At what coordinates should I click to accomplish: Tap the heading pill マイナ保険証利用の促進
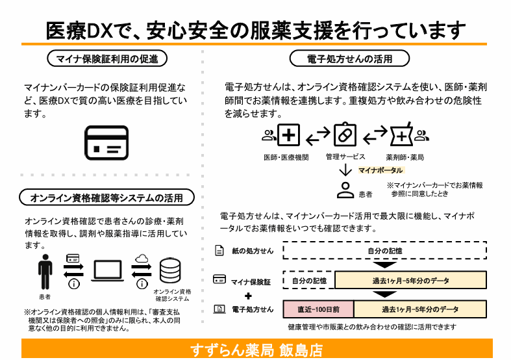pyautogui.click(x=107, y=58)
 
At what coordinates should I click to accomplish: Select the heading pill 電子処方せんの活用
pyautogui.click(x=349, y=58)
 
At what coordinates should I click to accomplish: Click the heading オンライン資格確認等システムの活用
pyautogui.click(x=106, y=198)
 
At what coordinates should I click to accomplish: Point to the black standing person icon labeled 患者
pyautogui.click(x=45, y=272)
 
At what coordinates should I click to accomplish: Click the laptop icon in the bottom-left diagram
pyautogui.click(x=108, y=271)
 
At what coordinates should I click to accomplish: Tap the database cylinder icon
pyautogui.click(x=170, y=271)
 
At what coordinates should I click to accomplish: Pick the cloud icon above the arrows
pyautogui.click(x=142, y=259)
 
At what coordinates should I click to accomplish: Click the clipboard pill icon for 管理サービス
pyautogui.click(x=345, y=135)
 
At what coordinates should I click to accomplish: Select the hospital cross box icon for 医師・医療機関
pyautogui.click(x=288, y=135)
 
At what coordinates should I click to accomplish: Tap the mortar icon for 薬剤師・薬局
pyautogui.click(x=401, y=135)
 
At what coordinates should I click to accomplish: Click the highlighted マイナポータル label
pyautogui.click(x=380, y=170)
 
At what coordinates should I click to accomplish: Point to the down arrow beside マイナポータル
pyautogui.click(x=345, y=170)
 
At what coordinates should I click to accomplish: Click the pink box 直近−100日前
pyautogui.click(x=318, y=309)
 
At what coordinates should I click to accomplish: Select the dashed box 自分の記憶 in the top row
pyautogui.click(x=384, y=250)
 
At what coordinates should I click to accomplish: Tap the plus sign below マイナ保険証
pyautogui.click(x=248, y=296)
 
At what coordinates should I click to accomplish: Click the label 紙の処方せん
pyautogui.click(x=253, y=251)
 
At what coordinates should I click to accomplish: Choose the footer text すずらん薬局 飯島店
pyautogui.click(x=256, y=350)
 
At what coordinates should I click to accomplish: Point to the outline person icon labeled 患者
pyautogui.click(x=345, y=190)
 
